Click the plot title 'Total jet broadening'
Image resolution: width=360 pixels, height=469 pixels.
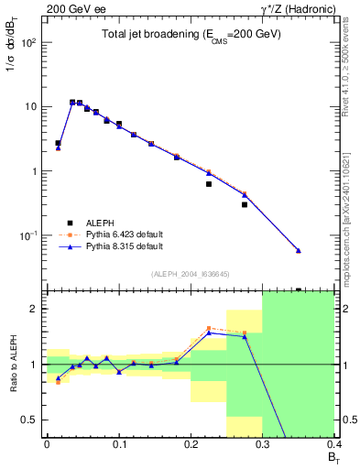pos(191,34)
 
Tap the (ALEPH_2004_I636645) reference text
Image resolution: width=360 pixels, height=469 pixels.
pos(191,273)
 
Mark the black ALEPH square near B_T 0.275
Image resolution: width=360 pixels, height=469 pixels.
pos(245,204)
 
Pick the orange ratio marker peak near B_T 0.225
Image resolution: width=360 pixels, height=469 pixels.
pos(209,328)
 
